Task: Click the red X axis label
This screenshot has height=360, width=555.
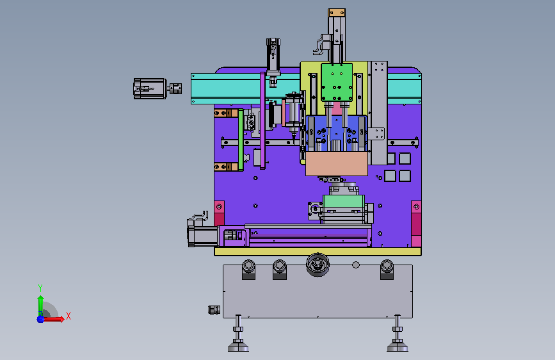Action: click(68, 316)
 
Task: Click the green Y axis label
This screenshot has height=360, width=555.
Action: click(40, 288)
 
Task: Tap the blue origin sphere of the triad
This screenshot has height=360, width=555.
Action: click(41, 319)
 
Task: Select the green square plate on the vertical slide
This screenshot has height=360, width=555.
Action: click(337, 82)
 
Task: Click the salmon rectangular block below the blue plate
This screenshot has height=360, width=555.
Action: click(337, 164)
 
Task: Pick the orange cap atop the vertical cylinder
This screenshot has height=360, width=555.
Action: click(337, 13)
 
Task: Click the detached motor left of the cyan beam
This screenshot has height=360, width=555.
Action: click(150, 88)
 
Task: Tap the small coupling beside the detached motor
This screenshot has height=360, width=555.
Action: click(175, 88)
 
